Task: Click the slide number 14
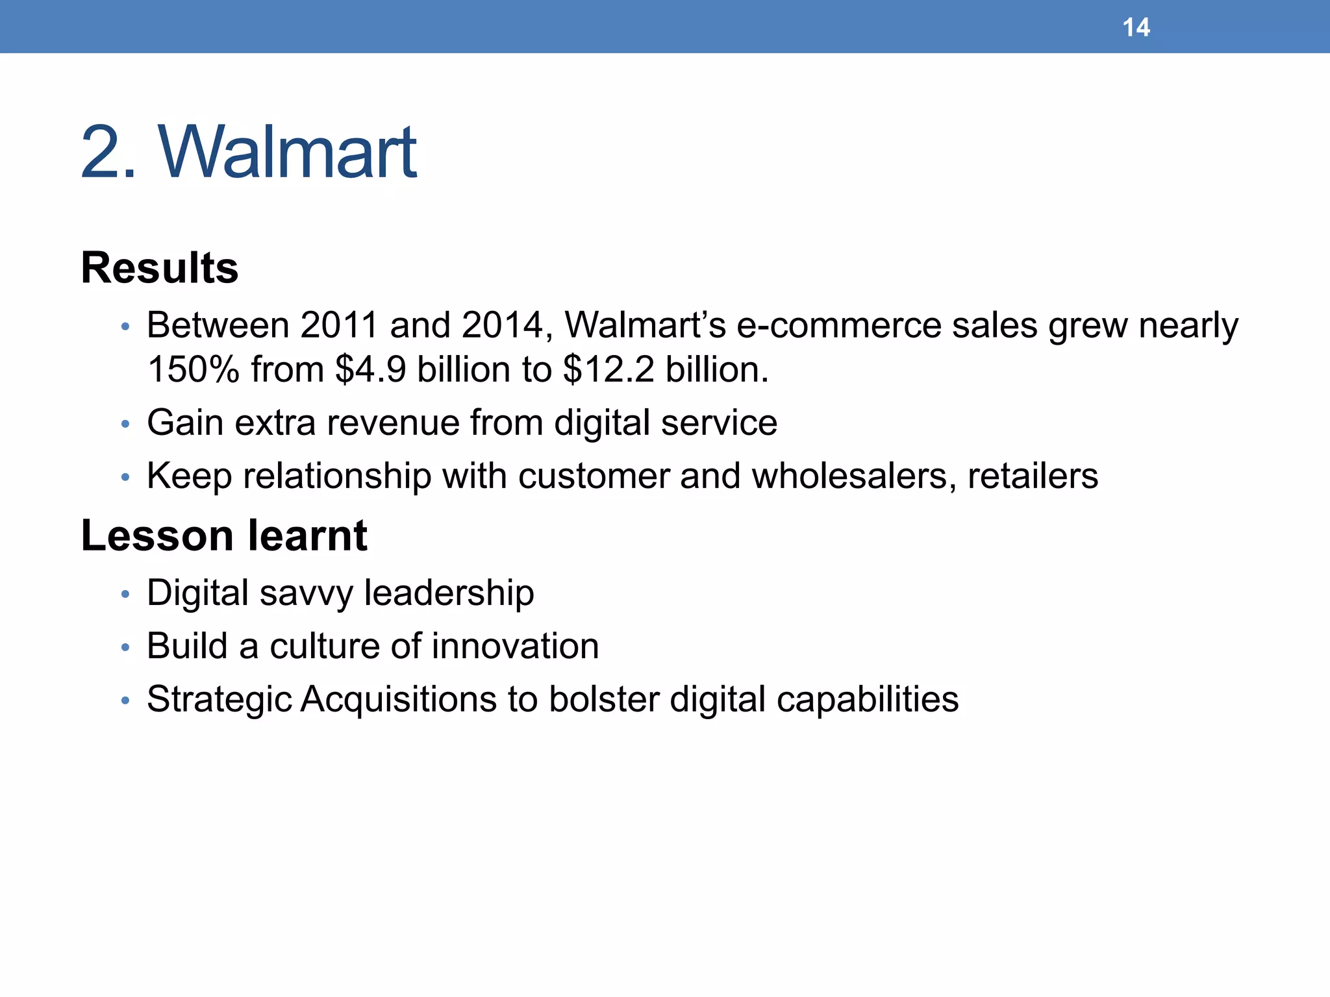[x=1136, y=27]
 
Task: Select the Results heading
[x=160, y=267]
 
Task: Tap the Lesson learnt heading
[x=224, y=535]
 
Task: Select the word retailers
[x=1033, y=476]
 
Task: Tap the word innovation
[x=515, y=646]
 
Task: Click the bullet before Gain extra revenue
[x=126, y=425]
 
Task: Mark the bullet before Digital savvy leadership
[x=126, y=595]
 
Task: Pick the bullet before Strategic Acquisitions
[x=126, y=701]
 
